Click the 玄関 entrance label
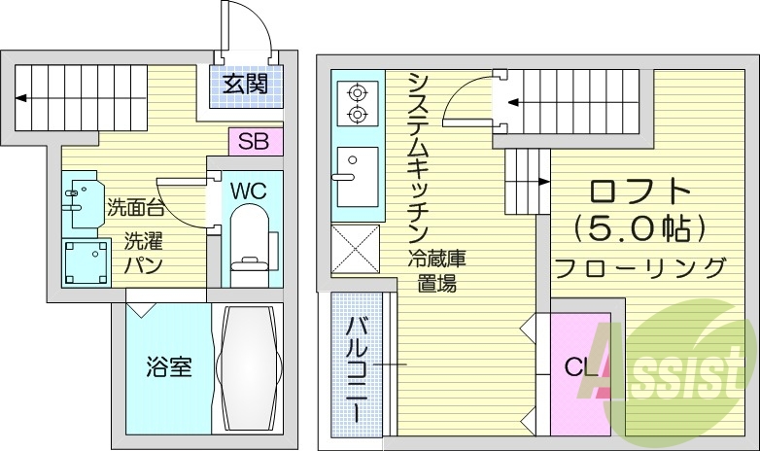pos(245,84)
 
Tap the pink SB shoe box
pos(255,141)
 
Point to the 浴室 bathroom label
pos(168,367)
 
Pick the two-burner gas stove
pos(357,105)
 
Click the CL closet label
pos(581,367)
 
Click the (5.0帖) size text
pos(639,228)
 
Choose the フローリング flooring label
pos(639,267)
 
